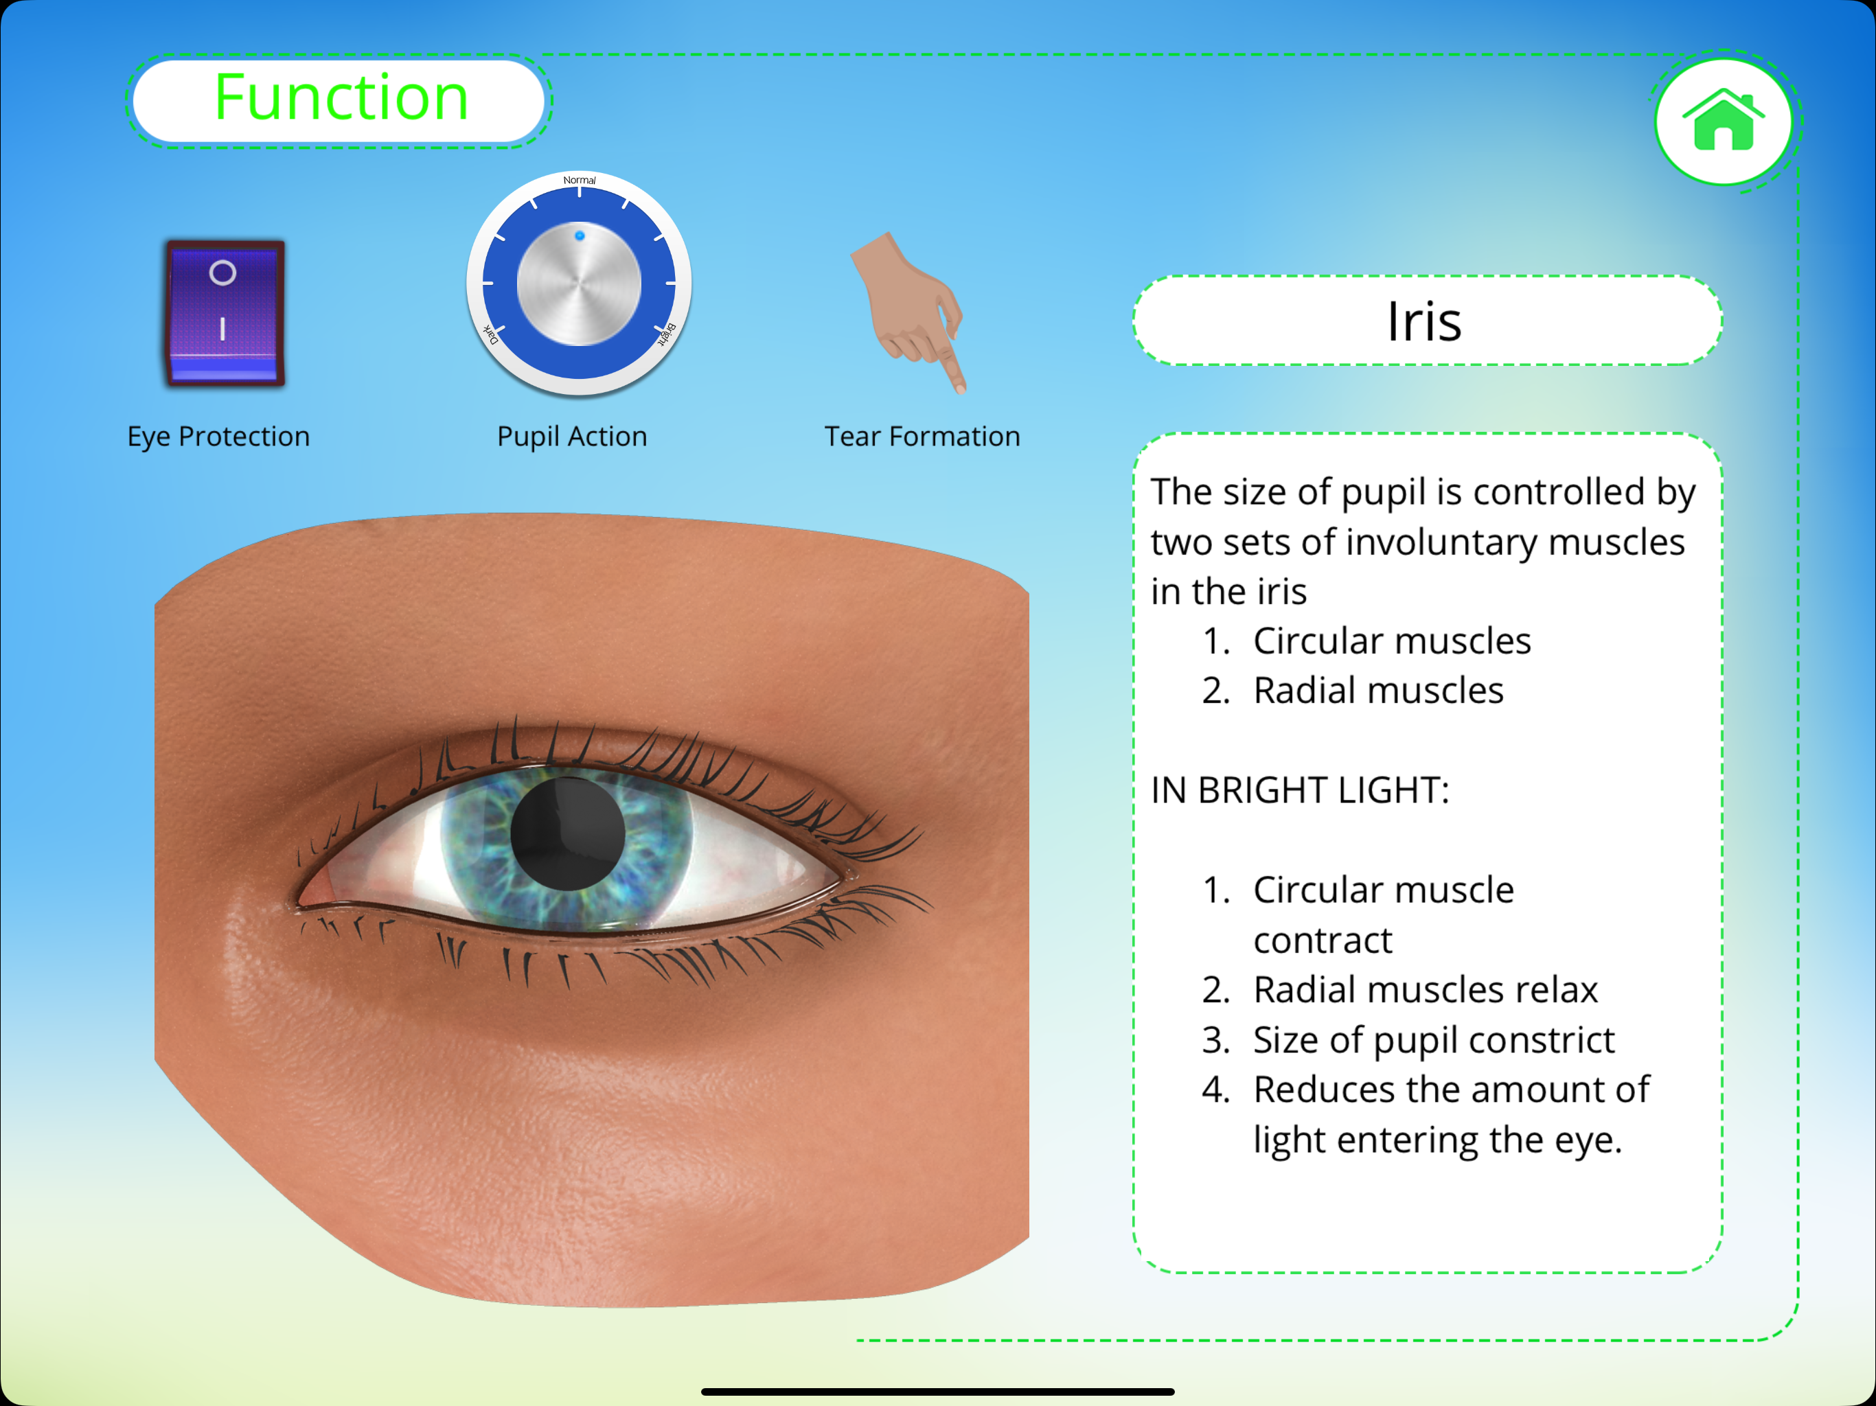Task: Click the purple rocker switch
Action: (225, 313)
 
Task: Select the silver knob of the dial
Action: (580, 284)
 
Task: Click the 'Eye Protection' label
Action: (219, 436)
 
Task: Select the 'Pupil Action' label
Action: (573, 436)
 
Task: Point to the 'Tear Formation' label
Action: (923, 436)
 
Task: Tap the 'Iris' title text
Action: (1425, 321)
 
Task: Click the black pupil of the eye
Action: (569, 833)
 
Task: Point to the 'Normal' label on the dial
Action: (580, 180)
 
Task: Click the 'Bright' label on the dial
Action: (667, 335)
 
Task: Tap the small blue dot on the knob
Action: (580, 235)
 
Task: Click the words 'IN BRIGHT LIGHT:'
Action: (1300, 790)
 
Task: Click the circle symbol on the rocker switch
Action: (222, 273)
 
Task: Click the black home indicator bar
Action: (938, 1392)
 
